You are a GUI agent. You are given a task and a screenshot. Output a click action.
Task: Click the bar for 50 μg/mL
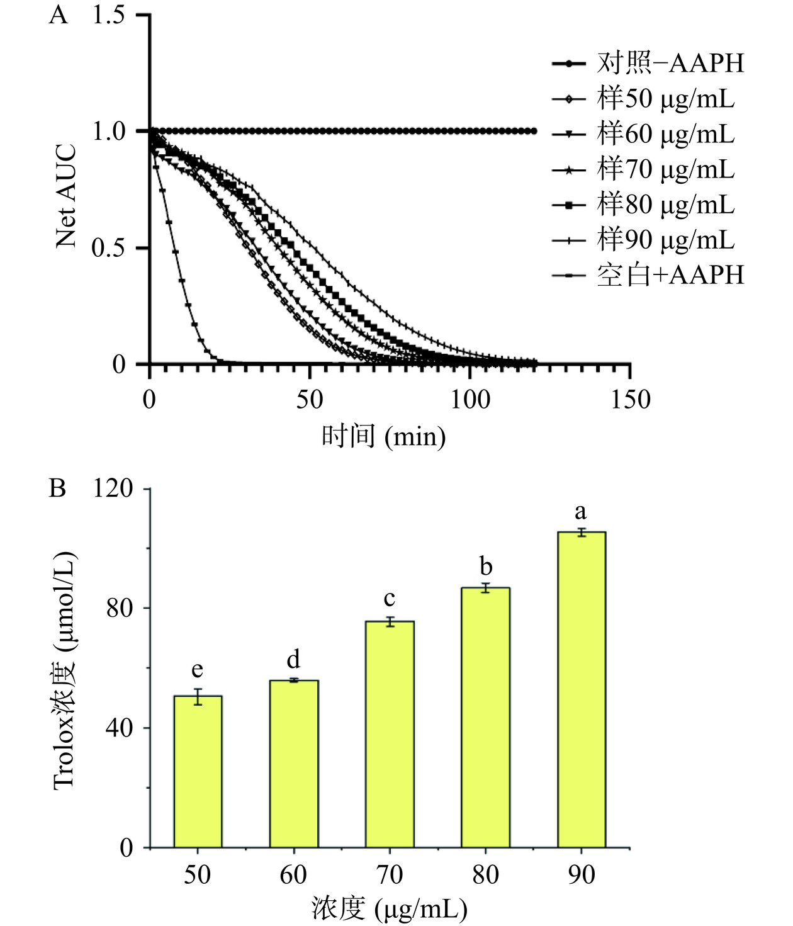point(198,771)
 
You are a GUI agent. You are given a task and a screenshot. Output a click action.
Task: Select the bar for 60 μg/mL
point(294,764)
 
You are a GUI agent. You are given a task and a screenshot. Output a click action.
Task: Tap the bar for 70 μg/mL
point(390,734)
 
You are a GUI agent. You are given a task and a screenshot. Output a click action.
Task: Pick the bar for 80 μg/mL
point(485,717)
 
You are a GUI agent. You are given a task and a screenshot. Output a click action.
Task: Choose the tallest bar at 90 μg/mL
point(582,689)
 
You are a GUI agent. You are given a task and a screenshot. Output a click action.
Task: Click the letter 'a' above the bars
point(580,511)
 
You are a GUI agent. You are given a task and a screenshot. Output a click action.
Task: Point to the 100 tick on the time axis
point(470,399)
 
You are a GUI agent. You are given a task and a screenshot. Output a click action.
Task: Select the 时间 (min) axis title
point(383,436)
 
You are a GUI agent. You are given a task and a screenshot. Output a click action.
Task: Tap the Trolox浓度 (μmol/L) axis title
point(65,669)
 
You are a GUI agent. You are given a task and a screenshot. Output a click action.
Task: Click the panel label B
point(57,488)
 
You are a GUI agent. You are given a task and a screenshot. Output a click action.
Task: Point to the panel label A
point(58,15)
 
